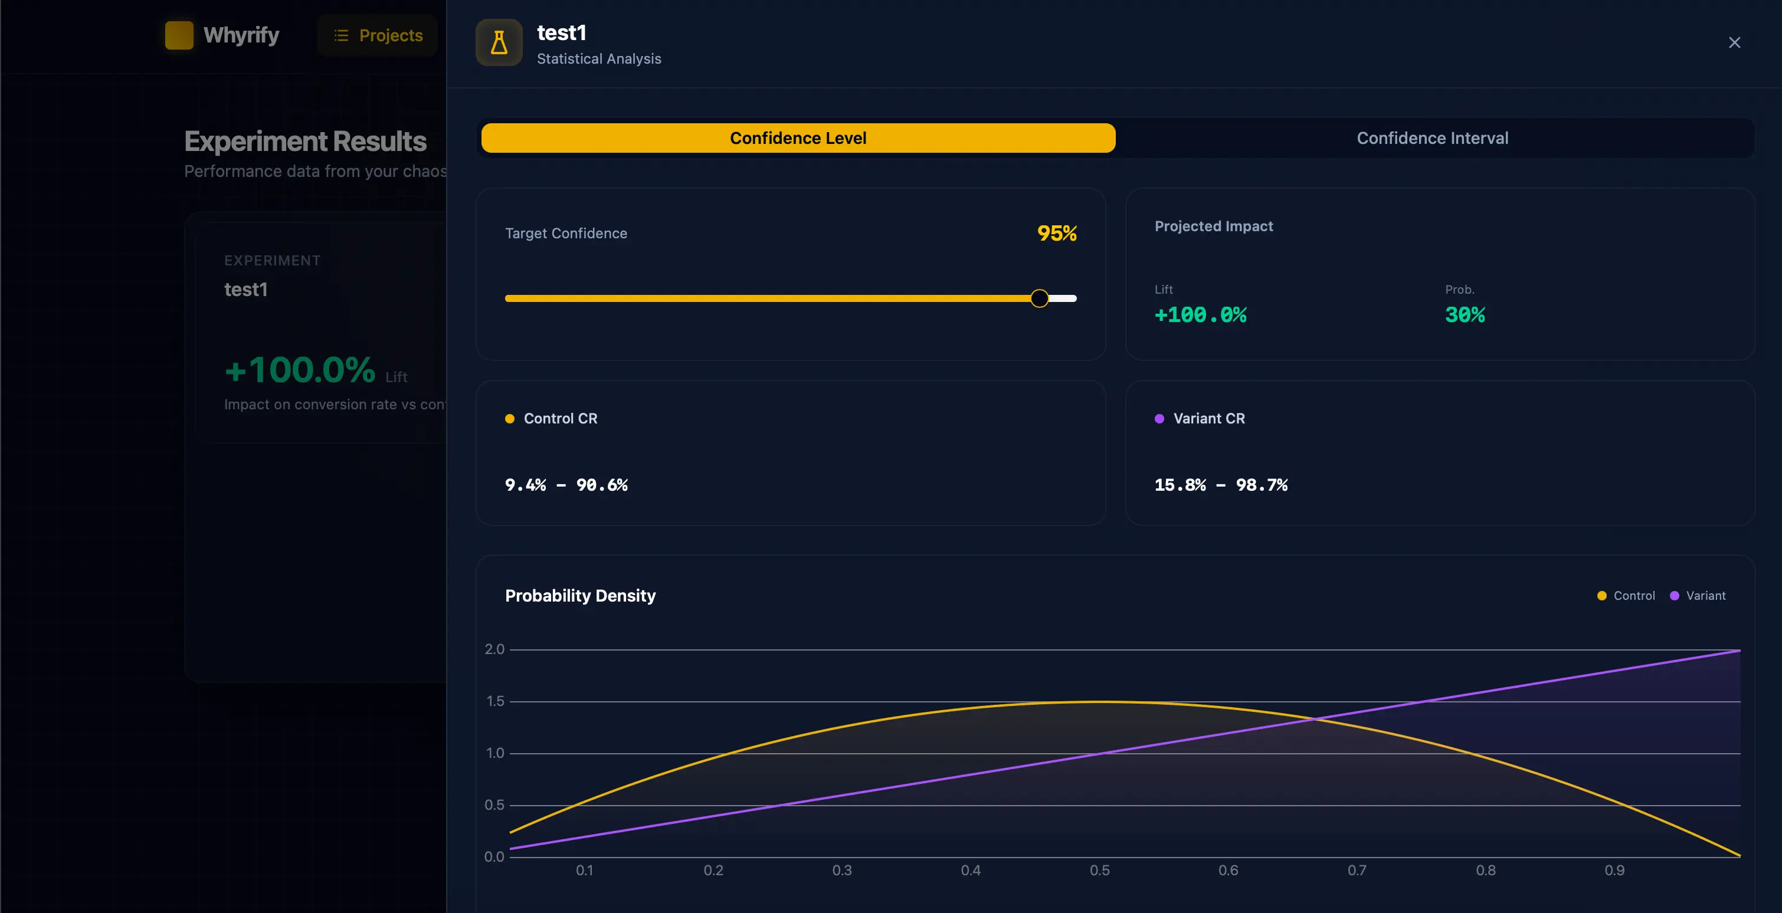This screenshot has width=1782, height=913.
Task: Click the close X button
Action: pos(1734,43)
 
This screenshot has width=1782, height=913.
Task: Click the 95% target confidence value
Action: pos(1056,233)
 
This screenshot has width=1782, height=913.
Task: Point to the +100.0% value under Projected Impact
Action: pos(1200,315)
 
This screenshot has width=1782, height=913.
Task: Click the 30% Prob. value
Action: pos(1465,315)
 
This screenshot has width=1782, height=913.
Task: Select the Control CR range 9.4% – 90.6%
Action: pos(566,485)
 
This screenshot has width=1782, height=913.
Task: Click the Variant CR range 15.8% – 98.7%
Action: pos(1220,485)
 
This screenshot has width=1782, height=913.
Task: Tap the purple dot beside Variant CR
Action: pos(1159,419)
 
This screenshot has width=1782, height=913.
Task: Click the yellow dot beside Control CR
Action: pos(510,419)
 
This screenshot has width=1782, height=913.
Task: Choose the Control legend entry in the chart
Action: pos(1626,596)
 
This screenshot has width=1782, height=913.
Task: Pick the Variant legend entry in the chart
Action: pos(1698,596)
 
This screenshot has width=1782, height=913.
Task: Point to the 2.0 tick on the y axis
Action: pos(494,649)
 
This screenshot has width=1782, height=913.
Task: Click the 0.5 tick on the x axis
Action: pos(1099,870)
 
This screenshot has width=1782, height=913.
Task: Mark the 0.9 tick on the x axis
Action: pos(1614,870)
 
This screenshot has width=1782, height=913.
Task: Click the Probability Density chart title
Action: pos(579,596)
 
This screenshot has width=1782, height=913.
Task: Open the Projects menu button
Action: pos(378,35)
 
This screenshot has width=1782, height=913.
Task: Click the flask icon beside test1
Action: pos(499,43)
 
